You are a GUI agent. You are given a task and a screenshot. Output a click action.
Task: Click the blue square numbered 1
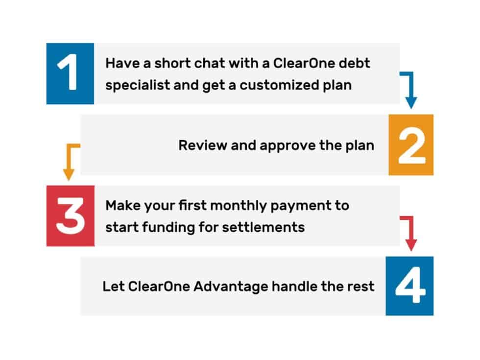(70, 73)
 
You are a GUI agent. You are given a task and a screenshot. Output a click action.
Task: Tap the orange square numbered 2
(411, 144)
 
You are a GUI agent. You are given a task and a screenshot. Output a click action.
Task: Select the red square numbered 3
(70, 216)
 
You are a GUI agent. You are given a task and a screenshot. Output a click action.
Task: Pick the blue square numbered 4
(409, 286)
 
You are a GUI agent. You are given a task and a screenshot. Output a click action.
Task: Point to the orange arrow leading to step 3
(70, 162)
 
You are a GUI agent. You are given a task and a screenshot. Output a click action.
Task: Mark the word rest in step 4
(363, 287)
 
